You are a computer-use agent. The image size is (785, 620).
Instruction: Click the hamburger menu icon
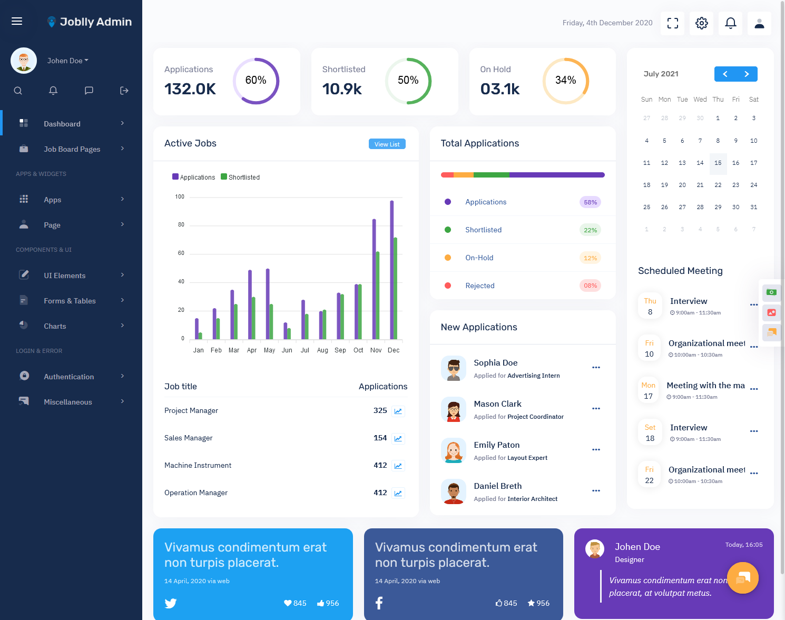click(17, 21)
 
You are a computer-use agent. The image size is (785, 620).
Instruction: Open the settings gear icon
click(701, 23)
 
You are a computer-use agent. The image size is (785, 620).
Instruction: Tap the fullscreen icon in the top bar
click(672, 23)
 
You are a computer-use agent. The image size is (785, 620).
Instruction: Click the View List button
click(387, 144)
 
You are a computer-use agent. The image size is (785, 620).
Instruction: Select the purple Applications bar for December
click(391, 270)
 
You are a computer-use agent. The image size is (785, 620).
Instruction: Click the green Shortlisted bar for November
click(378, 296)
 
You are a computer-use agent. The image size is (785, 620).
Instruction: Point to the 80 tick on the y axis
click(181, 224)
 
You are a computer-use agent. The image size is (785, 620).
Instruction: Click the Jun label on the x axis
click(287, 350)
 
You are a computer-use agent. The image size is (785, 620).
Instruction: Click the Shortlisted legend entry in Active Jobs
click(240, 177)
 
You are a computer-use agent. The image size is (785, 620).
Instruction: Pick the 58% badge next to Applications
click(590, 202)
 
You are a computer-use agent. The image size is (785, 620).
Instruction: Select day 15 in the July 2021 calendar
click(718, 163)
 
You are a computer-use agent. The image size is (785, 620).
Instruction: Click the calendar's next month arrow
click(747, 74)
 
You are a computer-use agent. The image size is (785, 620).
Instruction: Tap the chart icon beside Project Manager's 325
click(398, 411)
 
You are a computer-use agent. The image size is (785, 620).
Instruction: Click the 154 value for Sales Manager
click(380, 438)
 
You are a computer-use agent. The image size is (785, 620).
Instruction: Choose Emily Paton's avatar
click(453, 450)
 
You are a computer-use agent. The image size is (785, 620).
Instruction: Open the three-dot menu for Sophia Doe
click(596, 368)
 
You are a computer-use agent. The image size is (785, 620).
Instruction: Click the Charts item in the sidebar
click(55, 326)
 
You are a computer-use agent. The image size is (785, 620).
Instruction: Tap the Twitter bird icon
click(170, 603)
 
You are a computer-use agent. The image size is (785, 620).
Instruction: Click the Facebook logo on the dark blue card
click(379, 603)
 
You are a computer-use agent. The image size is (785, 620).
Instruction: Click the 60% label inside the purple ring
click(256, 80)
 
